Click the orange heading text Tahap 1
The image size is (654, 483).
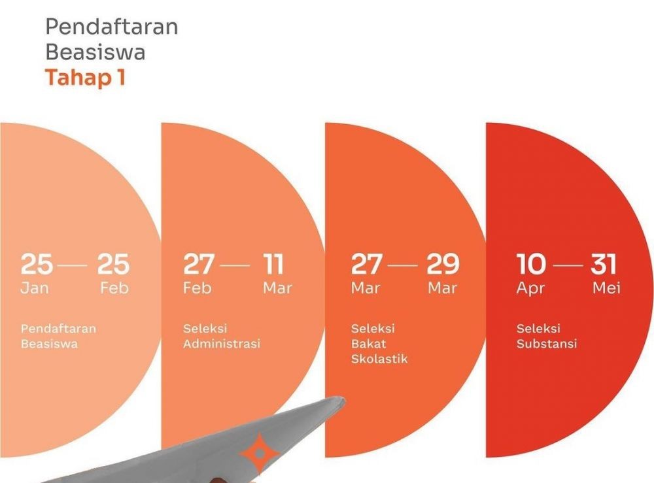(85, 78)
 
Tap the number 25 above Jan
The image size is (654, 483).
(37, 264)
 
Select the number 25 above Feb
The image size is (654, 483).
(114, 264)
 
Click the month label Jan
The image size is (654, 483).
(34, 288)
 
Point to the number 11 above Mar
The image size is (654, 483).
(274, 264)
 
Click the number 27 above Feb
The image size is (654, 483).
(198, 264)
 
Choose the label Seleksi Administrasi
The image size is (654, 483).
(221, 336)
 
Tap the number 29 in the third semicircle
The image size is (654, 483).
(443, 264)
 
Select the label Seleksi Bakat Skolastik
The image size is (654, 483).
(379, 344)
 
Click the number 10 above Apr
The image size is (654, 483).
(531, 264)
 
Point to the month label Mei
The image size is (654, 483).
(606, 288)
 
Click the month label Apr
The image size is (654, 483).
(530, 288)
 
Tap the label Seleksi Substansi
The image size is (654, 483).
(547, 336)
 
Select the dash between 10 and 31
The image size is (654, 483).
(568, 265)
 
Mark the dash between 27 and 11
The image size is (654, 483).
(235, 265)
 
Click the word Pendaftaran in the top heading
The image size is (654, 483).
(111, 27)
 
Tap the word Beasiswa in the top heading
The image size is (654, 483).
(95, 52)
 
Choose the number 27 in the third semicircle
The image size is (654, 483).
(366, 264)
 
